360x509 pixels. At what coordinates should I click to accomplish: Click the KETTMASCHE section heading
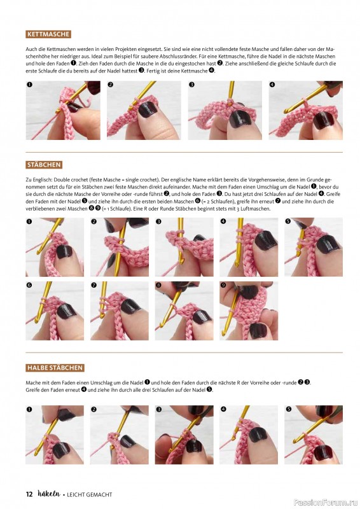48,34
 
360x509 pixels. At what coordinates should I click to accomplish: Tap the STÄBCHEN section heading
44,165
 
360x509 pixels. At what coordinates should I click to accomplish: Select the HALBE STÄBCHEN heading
55,368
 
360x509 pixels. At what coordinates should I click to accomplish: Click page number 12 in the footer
29,494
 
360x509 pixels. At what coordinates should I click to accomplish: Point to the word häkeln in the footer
49,494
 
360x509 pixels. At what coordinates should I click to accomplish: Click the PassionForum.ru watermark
326,503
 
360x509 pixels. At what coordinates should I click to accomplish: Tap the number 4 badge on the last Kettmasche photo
272,85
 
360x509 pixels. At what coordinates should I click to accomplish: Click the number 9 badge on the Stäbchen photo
223,285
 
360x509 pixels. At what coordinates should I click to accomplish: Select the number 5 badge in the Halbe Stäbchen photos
287,409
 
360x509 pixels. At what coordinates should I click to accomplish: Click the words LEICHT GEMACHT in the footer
89,495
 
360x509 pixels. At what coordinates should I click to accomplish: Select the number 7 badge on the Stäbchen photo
93,285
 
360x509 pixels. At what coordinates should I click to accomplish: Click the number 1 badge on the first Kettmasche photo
29,85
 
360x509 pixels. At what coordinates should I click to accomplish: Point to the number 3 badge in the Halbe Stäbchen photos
158,409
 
